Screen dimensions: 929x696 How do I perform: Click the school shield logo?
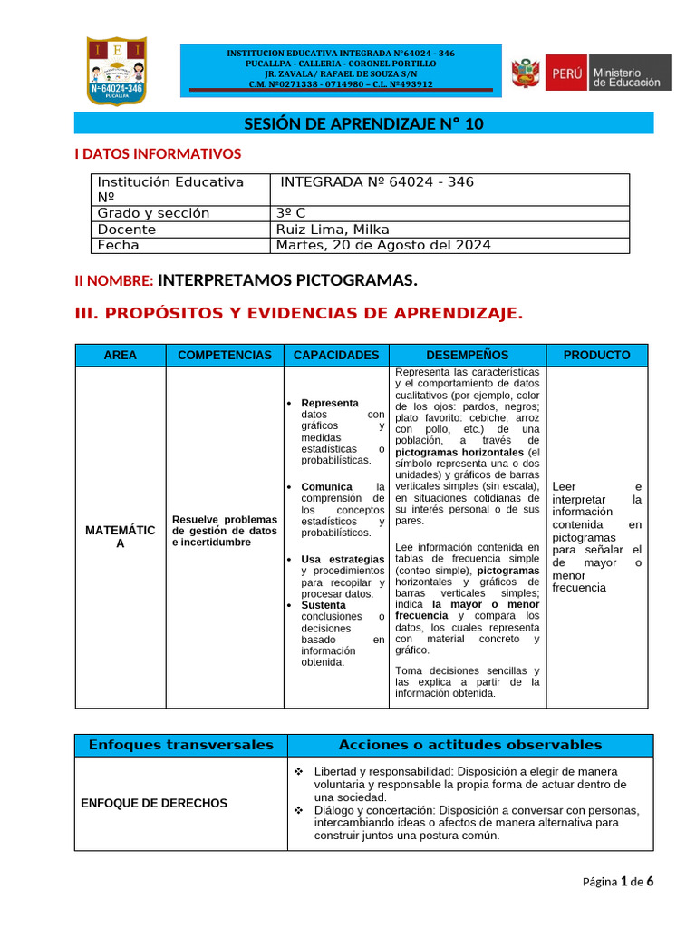pos(116,71)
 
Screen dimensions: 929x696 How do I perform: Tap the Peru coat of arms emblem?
pos(525,73)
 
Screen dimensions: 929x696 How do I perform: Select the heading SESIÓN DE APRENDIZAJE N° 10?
pos(363,124)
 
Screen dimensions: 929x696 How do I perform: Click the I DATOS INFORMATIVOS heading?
pos(158,154)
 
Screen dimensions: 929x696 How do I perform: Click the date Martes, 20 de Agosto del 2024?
pos(383,245)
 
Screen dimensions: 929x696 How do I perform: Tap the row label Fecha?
pos(119,245)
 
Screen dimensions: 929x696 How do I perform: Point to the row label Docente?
pos(127,230)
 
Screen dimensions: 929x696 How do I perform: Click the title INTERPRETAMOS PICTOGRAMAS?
pos(287,281)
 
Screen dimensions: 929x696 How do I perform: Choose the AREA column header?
pos(121,356)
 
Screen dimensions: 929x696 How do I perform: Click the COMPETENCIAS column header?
pos(225,356)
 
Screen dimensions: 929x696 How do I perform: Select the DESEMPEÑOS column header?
pos(467,356)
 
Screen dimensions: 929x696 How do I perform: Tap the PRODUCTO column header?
pos(596,356)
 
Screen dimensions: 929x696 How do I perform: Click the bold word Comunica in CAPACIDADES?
pos(326,487)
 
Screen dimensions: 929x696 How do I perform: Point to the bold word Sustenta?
pos(324,605)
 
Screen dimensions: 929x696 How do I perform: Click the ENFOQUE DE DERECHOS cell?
pos(154,803)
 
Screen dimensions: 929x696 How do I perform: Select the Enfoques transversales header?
pos(181,745)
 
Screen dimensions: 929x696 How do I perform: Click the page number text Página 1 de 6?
pos(617,881)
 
